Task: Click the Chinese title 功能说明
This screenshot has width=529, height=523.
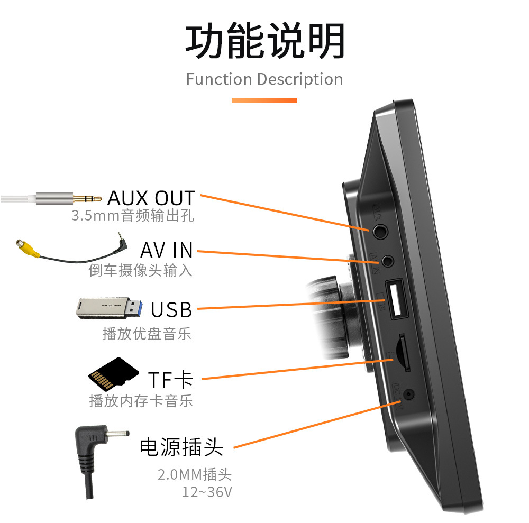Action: coord(264,41)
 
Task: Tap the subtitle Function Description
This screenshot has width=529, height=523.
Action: coord(264,79)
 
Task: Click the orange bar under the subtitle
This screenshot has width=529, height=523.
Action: coord(264,100)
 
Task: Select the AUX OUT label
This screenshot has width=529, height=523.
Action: coord(151,198)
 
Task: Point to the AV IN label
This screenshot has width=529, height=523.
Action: coord(167,250)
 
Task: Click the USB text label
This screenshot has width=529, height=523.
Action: coord(171,309)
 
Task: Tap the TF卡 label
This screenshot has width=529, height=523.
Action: coord(170,379)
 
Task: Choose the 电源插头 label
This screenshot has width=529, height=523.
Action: coord(181,447)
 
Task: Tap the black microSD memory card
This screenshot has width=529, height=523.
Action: coord(113,375)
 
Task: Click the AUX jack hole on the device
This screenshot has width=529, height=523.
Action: coord(379,231)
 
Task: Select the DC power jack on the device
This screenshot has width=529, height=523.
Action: coord(408,394)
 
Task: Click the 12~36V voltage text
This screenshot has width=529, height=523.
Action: coord(207,492)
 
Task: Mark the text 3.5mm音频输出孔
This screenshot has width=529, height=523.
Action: coord(133,216)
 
